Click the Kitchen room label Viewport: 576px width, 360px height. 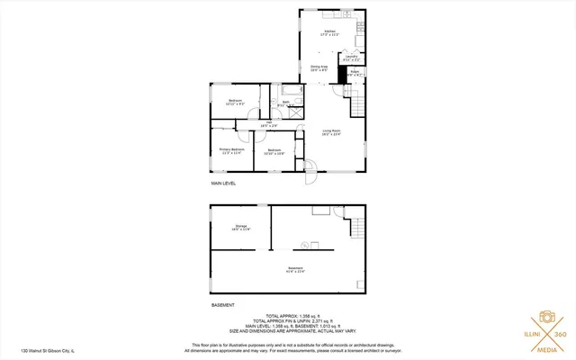(x=317, y=33)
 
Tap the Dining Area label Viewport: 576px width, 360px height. (x=319, y=67)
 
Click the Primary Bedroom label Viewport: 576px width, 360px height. (x=232, y=150)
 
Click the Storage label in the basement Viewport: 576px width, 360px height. (x=241, y=227)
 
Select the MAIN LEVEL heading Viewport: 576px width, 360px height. (x=223, y=183)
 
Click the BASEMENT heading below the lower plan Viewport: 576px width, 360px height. (x=223, y=305)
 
